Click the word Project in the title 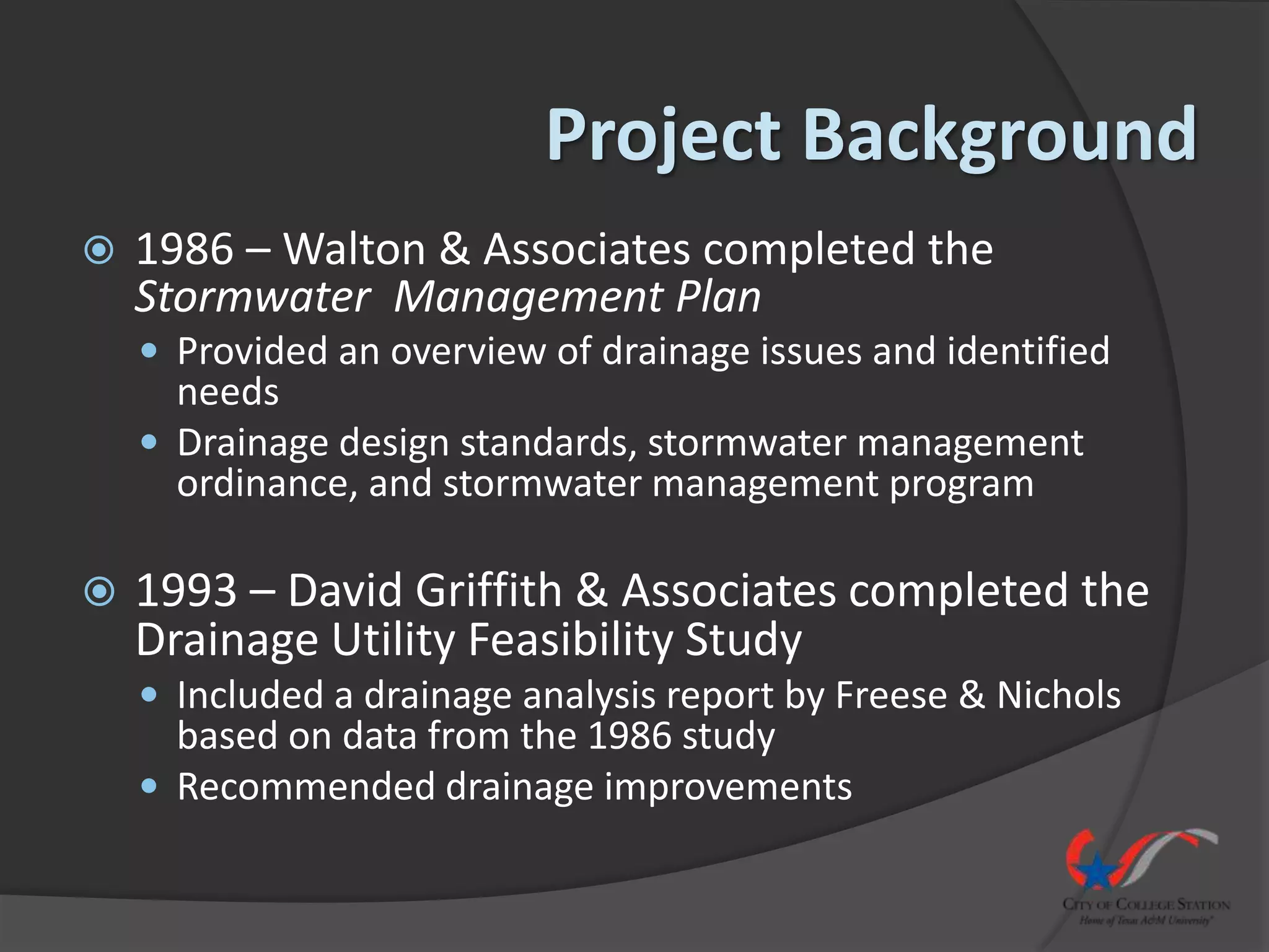click(662, 135)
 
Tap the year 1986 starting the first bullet click(185, 249)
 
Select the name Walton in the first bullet click(354, 249)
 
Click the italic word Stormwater click(252, 297)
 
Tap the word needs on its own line click(228, 392)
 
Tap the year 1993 click(186, 590)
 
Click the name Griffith click(488, 590)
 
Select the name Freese click(890, 695)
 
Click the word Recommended click(306, 787)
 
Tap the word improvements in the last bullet click(728, 787)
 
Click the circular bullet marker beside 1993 click(100, 592)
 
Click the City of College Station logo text click(1146, 904)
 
